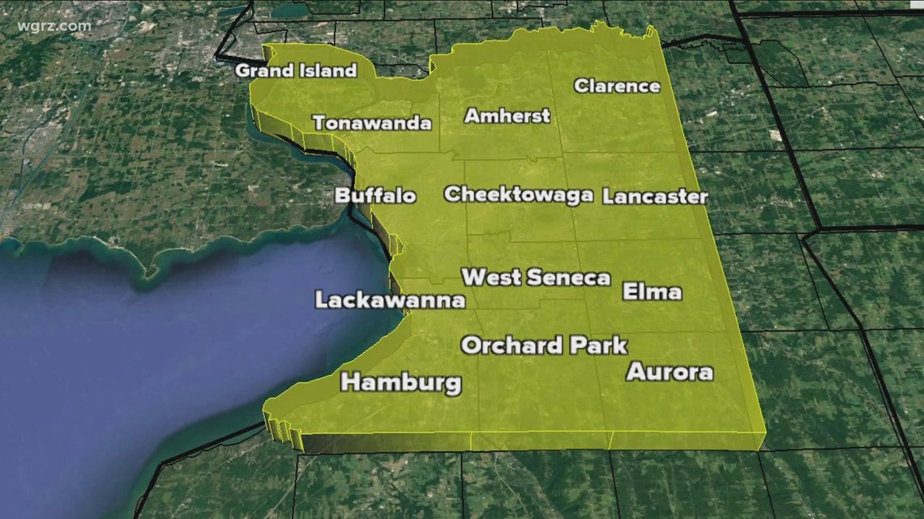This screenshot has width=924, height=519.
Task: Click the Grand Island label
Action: pyautogui.click(x=296, y=70)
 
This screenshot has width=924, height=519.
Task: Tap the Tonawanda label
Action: pyautogui.click(x=372, y=124)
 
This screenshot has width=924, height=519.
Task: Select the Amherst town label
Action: pyautogui.click(x=507, y=116)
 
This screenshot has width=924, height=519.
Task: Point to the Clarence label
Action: pyautogui.click(x=617, y=86)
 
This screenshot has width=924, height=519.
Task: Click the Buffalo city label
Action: pyautogui.click(x=375, y=196)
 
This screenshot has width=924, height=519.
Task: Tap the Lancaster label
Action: pyautogui.click(x=655, y=197)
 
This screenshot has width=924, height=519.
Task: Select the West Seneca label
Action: pyautogui.click(x=536, y=278)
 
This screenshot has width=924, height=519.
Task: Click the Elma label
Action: pyautogui.click(x=652, y=292)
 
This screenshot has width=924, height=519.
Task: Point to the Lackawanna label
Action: pyautogui.click(x=390, y=301)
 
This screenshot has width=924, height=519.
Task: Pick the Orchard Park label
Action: pyautogui.click(x=544, y=346)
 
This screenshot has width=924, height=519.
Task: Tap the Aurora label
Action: pyautogui.click(x=669, y=372)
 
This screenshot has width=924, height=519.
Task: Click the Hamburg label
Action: pyautogui.click(x=401, y=383)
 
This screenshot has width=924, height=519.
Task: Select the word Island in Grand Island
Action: pyautogui.click(x=326, y=70)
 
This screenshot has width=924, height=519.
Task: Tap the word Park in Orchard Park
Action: pyautogui.click(x=597, y=346)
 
